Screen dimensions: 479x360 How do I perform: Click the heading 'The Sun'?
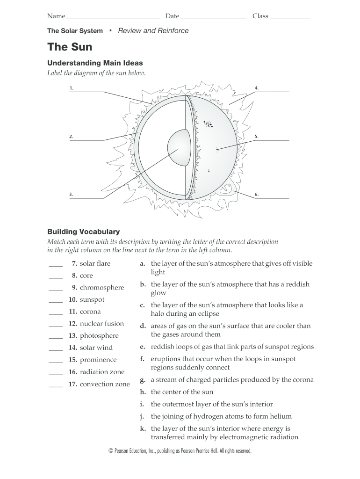point(70,47)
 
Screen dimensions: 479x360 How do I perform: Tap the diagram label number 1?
point(72,88)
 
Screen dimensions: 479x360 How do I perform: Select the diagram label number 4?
point(257,88)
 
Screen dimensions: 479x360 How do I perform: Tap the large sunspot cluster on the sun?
point(207,123)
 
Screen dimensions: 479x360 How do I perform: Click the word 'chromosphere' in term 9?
point(102,288)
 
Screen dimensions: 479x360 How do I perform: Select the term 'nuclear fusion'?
point(102,324)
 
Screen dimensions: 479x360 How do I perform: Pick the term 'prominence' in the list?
point(98,360)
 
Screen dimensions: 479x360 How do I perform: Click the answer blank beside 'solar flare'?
point(55,265)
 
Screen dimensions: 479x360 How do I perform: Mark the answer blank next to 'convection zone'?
point(55,385)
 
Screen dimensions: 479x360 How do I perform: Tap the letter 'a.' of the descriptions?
point(143,264)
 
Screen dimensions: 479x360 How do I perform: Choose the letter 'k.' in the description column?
point(143,428)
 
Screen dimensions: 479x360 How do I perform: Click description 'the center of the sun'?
point(182,392)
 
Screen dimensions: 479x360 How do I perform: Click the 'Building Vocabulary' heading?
point(84,232)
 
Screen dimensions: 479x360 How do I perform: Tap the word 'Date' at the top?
point(172,16)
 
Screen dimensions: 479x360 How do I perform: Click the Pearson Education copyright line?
point(180,451)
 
